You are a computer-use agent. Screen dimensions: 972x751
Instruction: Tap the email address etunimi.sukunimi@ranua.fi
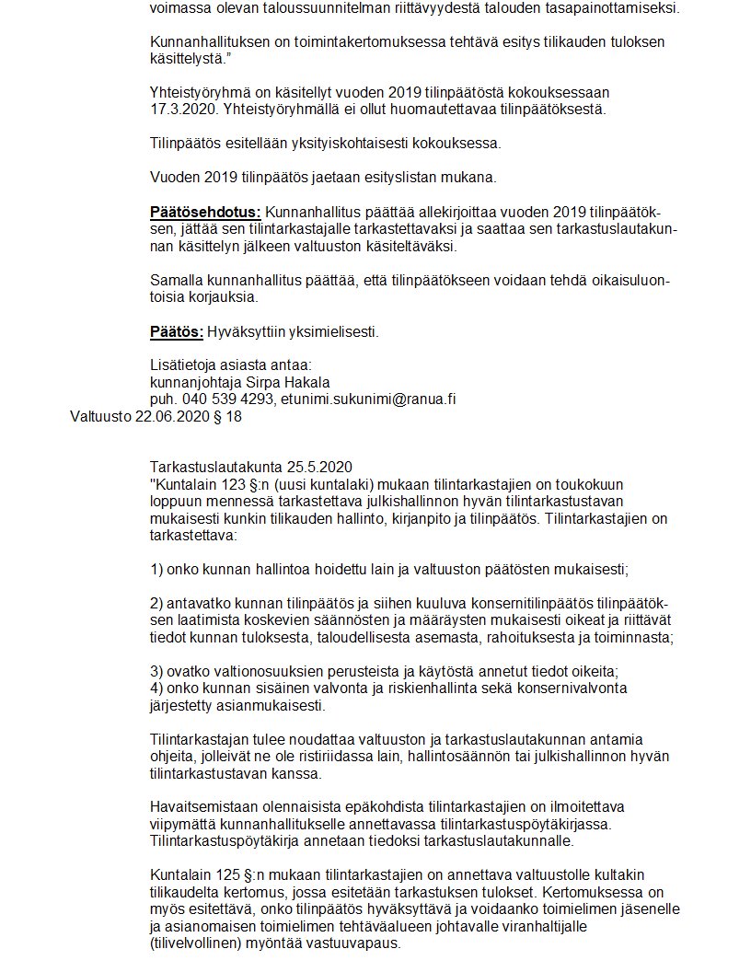click(372, 399)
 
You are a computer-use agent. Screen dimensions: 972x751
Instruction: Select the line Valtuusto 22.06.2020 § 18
click(156, 417)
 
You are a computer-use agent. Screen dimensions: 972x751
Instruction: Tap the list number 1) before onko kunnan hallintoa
click(156, 570)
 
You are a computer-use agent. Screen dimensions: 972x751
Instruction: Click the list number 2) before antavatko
click(156, 604)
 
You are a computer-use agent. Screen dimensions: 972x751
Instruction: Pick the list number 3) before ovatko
click(156, 671)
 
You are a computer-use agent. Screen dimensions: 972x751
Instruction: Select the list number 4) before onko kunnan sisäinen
click(156, 688)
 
